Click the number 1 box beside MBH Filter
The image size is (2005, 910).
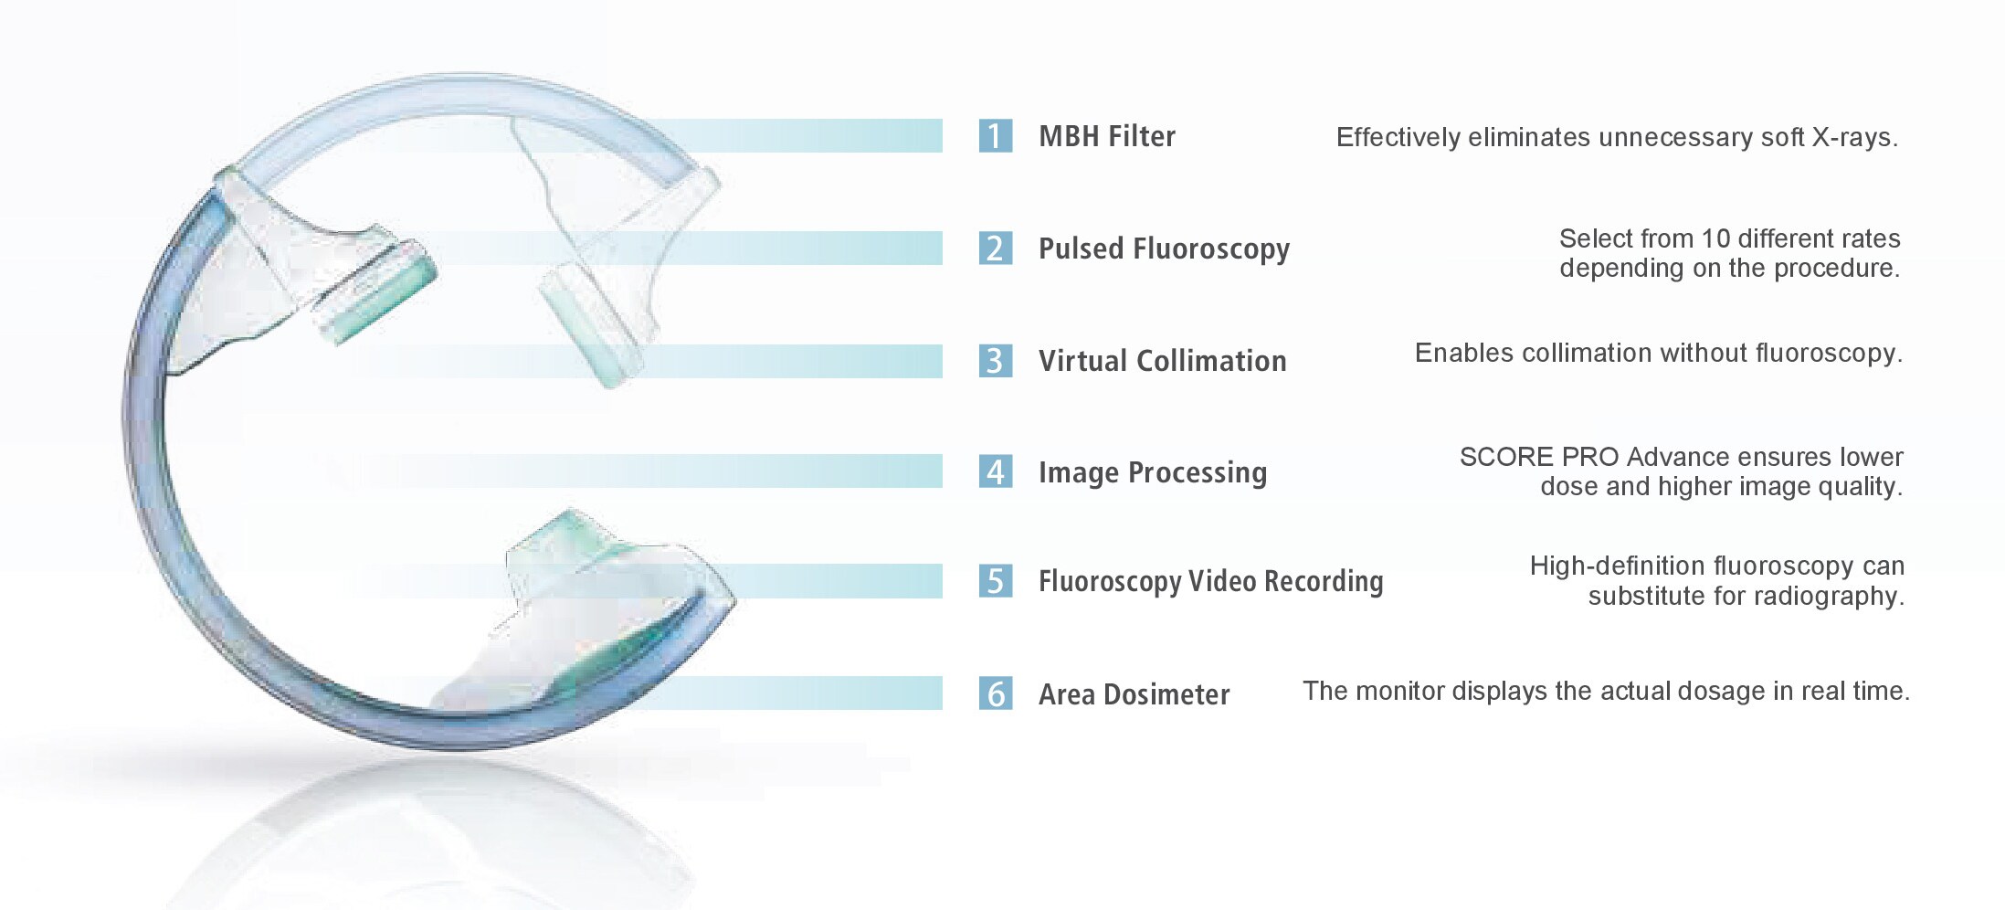pos(996,136)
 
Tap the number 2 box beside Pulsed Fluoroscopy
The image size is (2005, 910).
pos(996,249)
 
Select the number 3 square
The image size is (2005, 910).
pos(996,361)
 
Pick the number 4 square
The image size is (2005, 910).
pos(996,471)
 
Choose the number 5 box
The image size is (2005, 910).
pos(996,581)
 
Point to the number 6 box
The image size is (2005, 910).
pos(996,693)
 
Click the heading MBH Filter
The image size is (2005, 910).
pos(1107,136)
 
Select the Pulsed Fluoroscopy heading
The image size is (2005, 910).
pos(1165,249)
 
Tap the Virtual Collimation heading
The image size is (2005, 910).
pos(1163,361)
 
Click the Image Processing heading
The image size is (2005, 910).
pos(1153,473)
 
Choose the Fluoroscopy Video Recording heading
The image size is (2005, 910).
pos(1211,582)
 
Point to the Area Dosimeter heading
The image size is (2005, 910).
pos(1134,694)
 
